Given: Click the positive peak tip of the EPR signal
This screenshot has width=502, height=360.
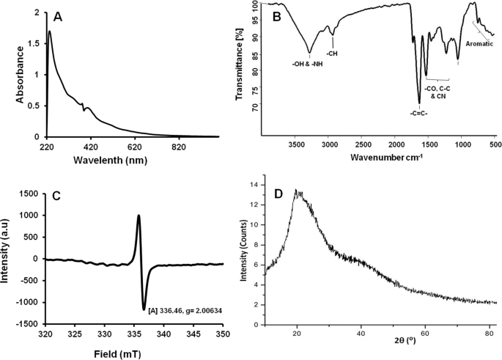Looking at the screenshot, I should tap(139, 216).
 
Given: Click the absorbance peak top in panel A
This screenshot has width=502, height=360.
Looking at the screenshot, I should tap(49, 32).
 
